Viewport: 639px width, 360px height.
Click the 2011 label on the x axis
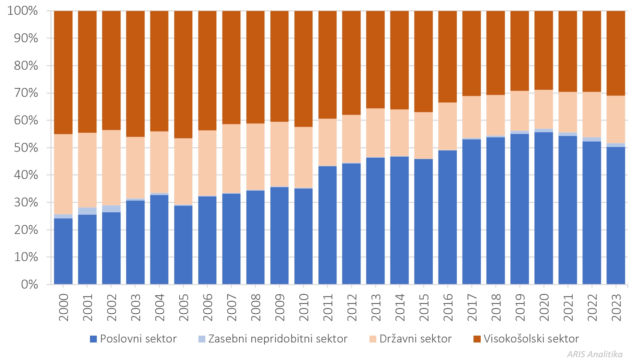coord(328,307)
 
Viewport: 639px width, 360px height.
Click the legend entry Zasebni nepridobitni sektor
coord(273,339)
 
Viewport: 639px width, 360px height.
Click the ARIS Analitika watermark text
coord(595,354)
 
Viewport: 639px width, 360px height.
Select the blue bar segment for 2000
coord(63,251)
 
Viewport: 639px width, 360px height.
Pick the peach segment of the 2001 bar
coord(87,170)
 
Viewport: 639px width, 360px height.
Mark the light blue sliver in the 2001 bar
coord(87,211)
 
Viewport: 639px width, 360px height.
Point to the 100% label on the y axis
coord(23,11)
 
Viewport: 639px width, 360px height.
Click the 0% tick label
coord(29,284)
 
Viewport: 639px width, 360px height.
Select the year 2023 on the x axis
coord(616,307)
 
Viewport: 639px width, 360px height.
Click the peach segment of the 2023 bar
coord(616,119)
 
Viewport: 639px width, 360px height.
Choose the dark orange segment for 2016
coord(447,57)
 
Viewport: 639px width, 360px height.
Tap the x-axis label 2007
coord(231,307)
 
